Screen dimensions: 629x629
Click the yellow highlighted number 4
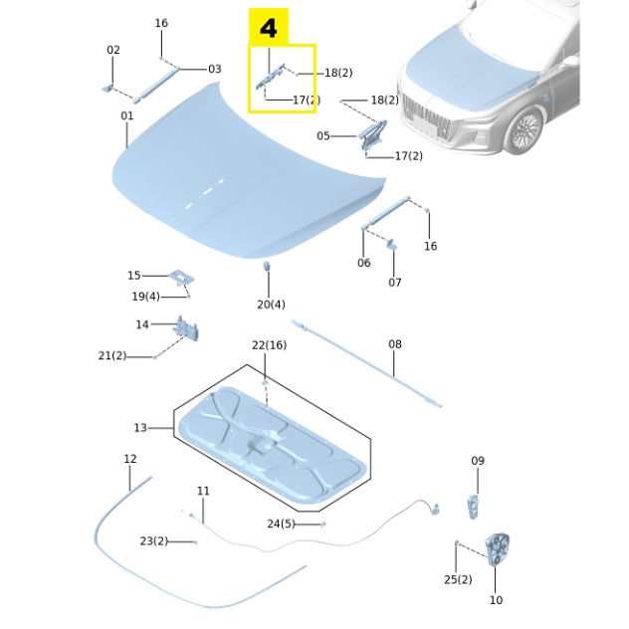[269, 29]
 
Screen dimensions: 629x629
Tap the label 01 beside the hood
[127, 116]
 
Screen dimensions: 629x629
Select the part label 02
[113, 50]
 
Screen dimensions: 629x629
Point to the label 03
[214, 69]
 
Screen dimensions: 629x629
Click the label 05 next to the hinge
[323, 135]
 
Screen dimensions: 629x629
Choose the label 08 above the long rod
[395, 344]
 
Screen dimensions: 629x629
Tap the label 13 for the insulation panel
[140, 428]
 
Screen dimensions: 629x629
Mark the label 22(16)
[269, 344]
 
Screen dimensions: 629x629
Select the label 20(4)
[271, 305]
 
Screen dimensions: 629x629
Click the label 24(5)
[281, 524]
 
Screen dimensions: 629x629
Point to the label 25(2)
[458, 579]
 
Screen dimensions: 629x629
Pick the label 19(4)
[145, 297]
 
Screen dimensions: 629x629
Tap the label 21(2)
[111, 355]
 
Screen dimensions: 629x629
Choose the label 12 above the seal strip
[130, 459]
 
